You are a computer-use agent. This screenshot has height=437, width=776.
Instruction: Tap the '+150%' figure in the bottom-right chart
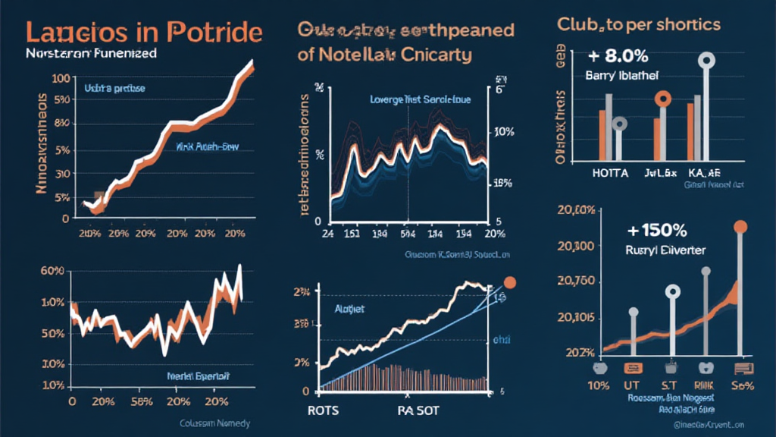[x=656, y=231]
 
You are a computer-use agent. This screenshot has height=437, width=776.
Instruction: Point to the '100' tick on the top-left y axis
[x=61, y=79]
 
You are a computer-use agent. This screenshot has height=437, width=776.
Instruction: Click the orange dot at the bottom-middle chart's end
[x=510, y=281]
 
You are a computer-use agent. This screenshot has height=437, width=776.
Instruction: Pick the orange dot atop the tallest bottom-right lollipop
[x=741, y=226]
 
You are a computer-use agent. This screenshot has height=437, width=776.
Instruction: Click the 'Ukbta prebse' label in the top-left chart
[x=114, y=89]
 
